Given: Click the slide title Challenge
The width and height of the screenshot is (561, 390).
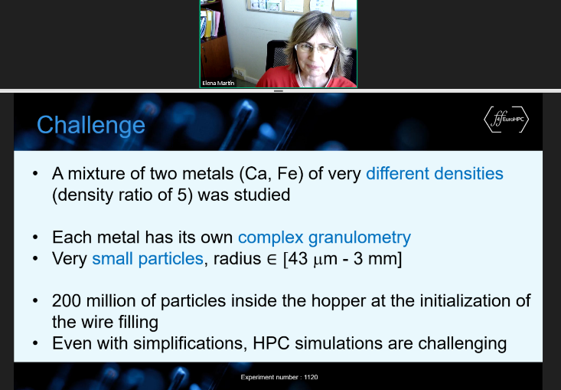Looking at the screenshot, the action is (x=91, y=126).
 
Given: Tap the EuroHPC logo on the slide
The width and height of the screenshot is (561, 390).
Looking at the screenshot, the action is (x=506, y=120).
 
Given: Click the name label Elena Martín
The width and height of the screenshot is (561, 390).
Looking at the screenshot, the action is (x=218, y=83).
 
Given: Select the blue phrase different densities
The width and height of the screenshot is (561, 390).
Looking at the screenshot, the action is (x=435, y=173).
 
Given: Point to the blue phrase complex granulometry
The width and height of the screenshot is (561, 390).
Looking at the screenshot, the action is (x=325, y=238).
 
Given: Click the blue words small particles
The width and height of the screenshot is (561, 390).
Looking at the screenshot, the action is (x=148, y=258).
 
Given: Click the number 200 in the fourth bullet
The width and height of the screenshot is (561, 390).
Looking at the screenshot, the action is (x=67, y=301).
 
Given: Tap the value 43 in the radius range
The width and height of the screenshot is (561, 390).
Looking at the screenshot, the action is (x=298, y=258).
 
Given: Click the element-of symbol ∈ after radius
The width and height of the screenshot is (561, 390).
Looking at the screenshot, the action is (x=272, y=259).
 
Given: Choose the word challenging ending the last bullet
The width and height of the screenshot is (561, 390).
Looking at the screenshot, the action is (x=462, y=344).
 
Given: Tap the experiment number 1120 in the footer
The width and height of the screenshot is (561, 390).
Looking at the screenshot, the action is (x=311, y=377).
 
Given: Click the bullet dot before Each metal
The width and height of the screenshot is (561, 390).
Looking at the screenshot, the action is (x=35, y=238).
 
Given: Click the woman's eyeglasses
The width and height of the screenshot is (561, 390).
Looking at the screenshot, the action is (x=315, y=48).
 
